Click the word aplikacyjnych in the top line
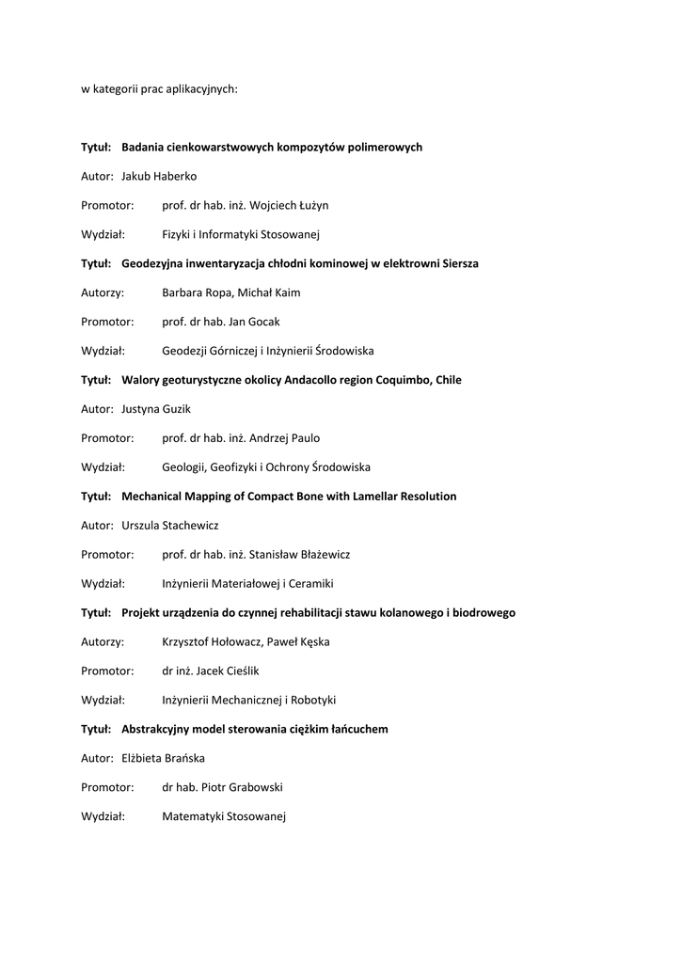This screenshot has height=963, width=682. [204, 89]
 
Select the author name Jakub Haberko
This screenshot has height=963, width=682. [159, 176]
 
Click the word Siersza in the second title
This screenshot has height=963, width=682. [456, 263]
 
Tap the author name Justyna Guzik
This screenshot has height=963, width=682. [157, 409]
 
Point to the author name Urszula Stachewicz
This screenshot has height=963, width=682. [170, 526]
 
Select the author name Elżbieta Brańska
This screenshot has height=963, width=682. [163, 759]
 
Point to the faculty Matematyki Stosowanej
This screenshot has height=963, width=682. [223, 817]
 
